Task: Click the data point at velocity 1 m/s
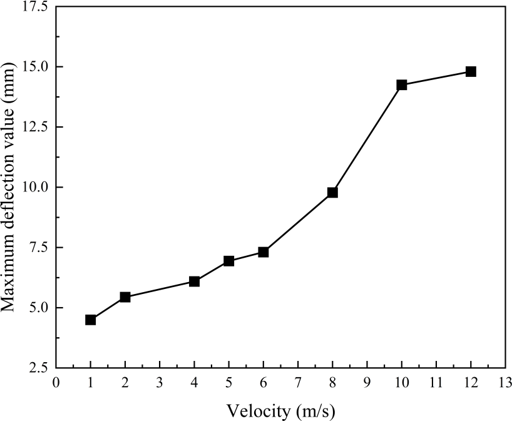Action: (x=91, y=320)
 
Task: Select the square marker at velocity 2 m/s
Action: (x=125, y=297)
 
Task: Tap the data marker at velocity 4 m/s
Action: (x=194, y=282)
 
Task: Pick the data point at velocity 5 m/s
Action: (x=229, y=261)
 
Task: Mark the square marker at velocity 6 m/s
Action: (x=264, y=252)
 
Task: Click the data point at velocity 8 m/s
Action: (x=332, y=193)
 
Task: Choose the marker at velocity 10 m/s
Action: (x=402, y=84)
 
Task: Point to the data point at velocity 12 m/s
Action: (x=471, y=71)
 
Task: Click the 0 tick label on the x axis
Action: (x=56, y=383)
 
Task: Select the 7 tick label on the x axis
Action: (x=298, y=383)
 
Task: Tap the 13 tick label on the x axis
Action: (x=505, y=383)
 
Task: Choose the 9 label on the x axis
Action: (x=367, y=383)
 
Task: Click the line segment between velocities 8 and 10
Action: (x=367, y=138)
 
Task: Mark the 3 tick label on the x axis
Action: (x=160, y=383)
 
